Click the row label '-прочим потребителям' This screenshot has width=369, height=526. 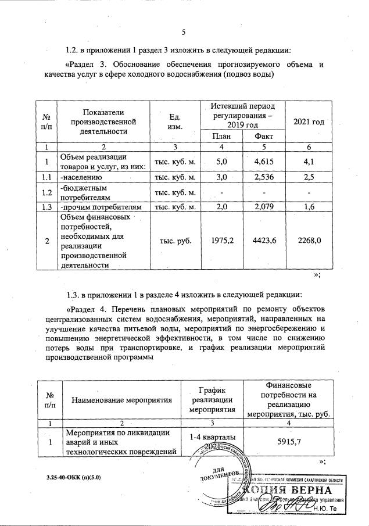[x=101, y=206]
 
